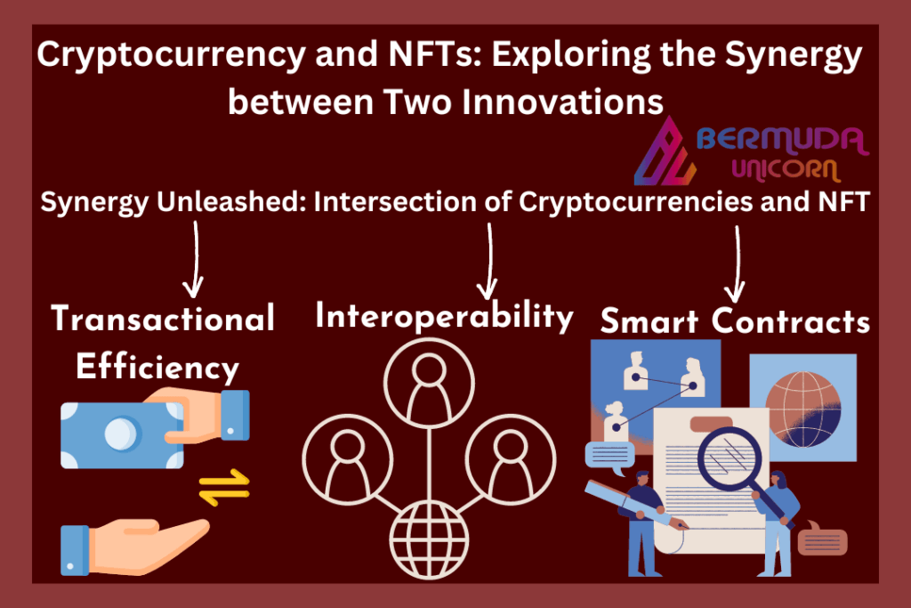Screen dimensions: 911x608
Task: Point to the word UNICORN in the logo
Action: [x=786, y=170]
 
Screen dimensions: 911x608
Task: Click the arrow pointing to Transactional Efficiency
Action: [x=195, y=259]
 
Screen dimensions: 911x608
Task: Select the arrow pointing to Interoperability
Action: [x=488, y=261]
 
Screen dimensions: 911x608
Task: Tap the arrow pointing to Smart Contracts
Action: [x=736, y=264]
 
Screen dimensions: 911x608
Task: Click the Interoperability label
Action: [x=444, y=317]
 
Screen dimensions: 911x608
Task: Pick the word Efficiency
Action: [x=157, y=368]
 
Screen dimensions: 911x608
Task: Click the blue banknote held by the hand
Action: [x=122, y=434]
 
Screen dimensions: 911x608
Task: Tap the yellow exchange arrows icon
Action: [x=224, y=487]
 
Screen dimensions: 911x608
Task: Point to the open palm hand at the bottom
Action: [x=135, y=547]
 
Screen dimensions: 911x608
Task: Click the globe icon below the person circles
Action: [x=429, y=539]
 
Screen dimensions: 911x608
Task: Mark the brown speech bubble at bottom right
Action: [x=822, y=539]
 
